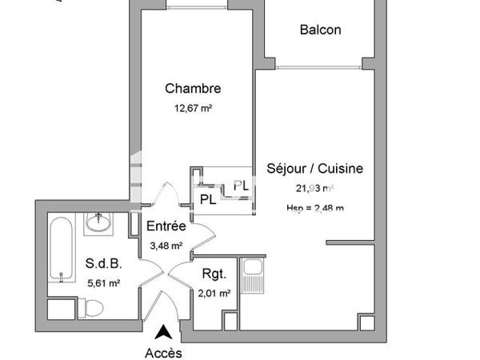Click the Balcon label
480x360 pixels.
click(x=320, y=30)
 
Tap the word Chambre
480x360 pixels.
click(x=193, y=89)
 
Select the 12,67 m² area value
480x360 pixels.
click(x=193, y=108)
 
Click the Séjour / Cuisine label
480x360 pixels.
click(x=314, y=169)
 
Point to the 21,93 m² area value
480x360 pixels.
click(x=314, y=190)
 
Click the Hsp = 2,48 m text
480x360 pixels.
click(x=314, y=209)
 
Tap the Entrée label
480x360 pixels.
click(x=166, y=226)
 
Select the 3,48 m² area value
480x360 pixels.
click(x=166, y=246)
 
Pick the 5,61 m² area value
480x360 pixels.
click(x=102, y=282)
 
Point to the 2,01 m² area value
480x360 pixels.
click(x=214, y=293)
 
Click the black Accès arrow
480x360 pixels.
click(x=163, y=331)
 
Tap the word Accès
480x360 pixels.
click(x=163, y=352)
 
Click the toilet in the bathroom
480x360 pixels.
click(x=90, y=308)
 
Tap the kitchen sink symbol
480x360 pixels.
click(x=254, y=275)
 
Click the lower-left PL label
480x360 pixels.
click(x=207, y=198)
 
